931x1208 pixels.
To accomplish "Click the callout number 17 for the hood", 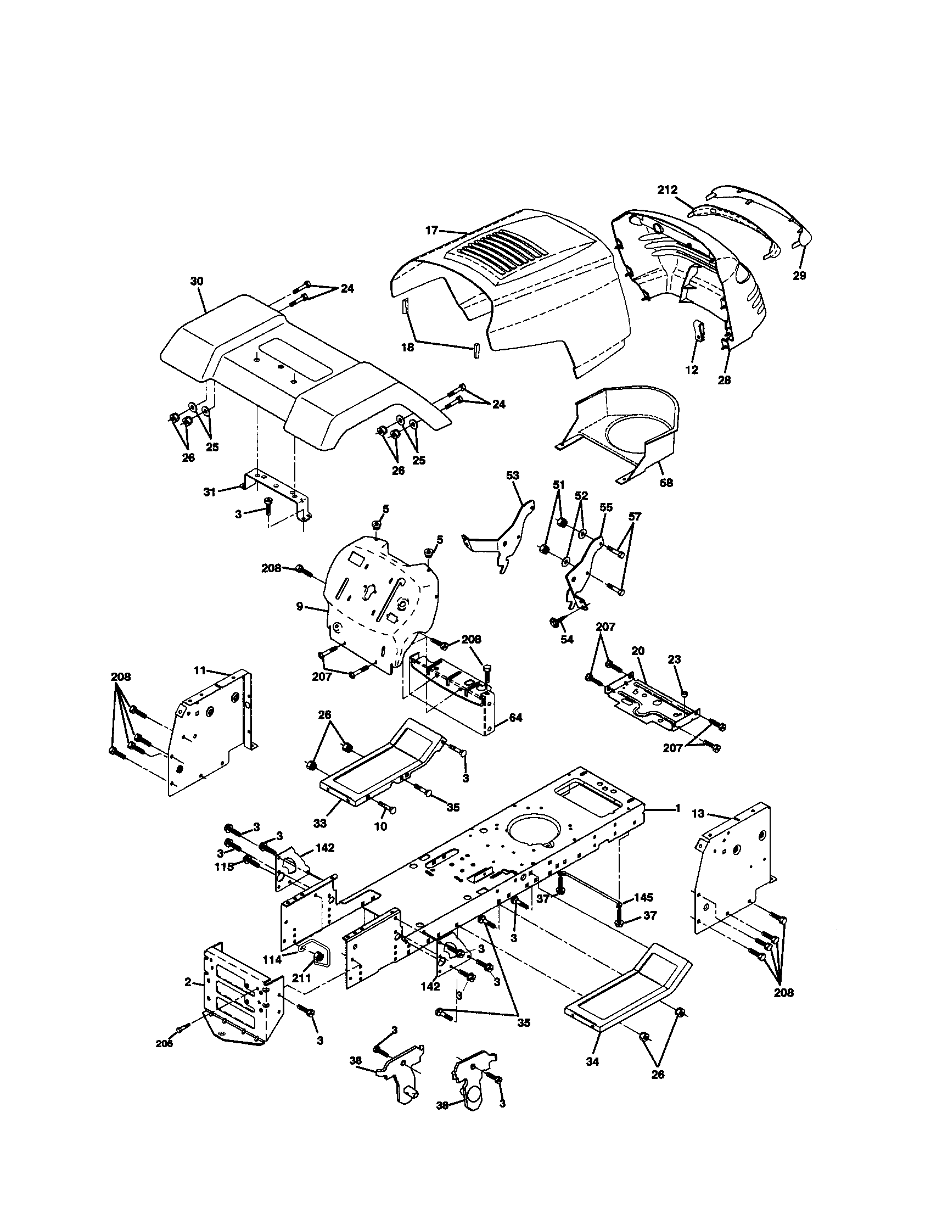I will coord(431,231).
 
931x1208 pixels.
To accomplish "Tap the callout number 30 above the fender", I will coord(197,281).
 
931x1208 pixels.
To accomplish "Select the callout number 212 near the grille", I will coord(668,190).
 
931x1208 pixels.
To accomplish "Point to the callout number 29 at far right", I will coord(799,275).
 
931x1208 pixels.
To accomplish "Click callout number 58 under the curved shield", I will coord(667,482).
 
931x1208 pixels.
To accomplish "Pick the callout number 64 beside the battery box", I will coord(515,718).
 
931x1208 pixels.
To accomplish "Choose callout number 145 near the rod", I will coord(643,897).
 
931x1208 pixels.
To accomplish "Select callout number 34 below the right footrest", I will coord(592,1062).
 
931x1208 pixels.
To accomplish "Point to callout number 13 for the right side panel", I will coord(698,813).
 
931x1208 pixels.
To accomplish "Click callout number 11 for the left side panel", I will coord(199,670).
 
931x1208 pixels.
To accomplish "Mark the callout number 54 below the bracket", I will coord(567,639).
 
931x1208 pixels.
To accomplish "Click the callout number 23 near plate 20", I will coord(674,659).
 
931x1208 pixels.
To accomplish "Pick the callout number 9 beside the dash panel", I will coord(299,607).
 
